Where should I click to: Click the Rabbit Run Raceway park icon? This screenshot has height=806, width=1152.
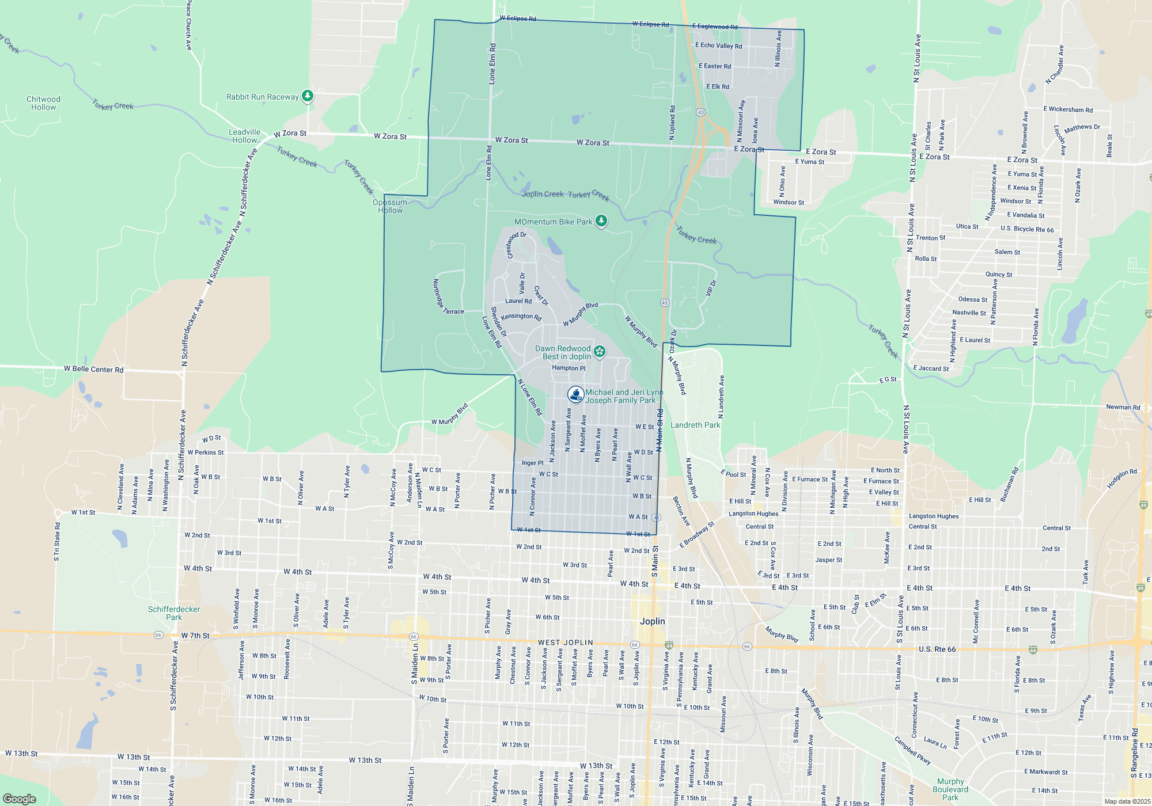308,96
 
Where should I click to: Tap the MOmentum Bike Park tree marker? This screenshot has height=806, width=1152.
601,220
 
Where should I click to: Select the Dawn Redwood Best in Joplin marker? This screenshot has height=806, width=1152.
600,351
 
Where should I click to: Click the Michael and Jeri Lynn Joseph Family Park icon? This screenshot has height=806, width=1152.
575,394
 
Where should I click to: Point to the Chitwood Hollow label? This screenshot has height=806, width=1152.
43,103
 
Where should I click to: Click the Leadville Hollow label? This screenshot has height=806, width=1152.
244,136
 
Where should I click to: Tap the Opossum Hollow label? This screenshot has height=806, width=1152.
390,206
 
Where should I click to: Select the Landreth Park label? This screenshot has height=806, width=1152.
695,425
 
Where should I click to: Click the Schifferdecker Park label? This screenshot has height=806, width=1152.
174,613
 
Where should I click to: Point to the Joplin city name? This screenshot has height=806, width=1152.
652,621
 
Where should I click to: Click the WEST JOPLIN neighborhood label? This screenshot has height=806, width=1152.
565,642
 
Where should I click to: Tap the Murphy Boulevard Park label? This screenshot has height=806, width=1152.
950,789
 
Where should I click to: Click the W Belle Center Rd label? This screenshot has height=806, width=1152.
93,369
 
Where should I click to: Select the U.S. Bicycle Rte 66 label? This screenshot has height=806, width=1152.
1027,229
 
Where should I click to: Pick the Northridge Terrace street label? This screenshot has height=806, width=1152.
447,297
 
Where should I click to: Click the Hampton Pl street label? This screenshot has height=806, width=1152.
568,368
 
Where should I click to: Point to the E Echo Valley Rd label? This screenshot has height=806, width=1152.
718,45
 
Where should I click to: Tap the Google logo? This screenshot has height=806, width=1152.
20,799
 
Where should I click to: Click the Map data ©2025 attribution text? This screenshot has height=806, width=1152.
1127,801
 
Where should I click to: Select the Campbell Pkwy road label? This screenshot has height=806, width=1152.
912,750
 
